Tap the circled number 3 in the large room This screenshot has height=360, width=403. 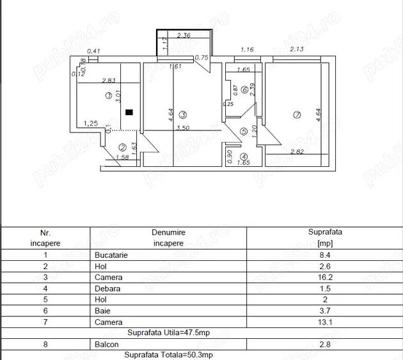(x=183, y=115)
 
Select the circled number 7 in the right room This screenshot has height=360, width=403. (x=296, y=115)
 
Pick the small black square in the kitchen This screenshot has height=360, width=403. (x=129, y=112)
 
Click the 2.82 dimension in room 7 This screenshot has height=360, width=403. (x=297, y=152)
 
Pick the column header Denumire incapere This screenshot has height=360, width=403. (x=168, y=238)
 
